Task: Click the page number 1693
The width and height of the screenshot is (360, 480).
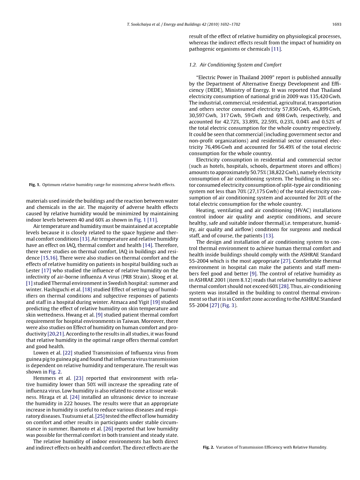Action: [337, 24]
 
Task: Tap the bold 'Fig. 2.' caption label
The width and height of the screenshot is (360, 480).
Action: [208, 447]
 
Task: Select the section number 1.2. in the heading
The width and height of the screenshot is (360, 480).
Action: [193, 65]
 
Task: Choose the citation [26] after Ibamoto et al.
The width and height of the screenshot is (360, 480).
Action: [108, 429]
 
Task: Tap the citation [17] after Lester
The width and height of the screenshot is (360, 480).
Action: [46, 270]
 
